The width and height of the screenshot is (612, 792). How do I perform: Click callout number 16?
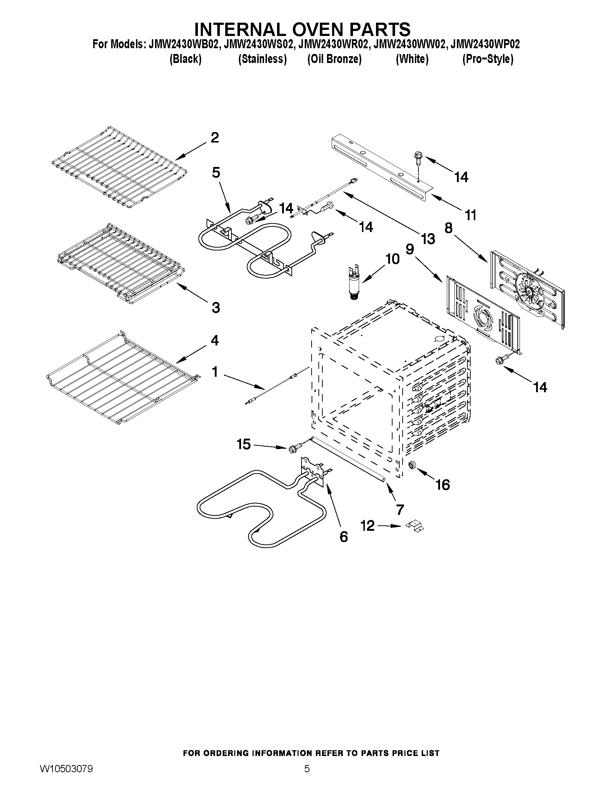pos(443,484)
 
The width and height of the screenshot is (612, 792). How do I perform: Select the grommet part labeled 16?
pos(412,465)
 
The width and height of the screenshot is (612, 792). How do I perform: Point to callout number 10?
pos(392,259)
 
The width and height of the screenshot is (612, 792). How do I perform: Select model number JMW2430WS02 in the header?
pos(258,45)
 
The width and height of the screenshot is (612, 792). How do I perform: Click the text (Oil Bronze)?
pos(334,59)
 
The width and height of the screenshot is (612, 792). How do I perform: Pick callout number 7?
pos(400,510)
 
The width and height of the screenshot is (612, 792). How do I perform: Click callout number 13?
pos(428,239)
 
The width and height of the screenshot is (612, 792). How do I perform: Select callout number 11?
pos(471,216)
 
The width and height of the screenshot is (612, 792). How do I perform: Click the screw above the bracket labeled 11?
pos(417,159)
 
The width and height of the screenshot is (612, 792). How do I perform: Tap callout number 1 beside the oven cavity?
pos(215,372)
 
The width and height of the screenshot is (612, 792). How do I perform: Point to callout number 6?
pos(343,537)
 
